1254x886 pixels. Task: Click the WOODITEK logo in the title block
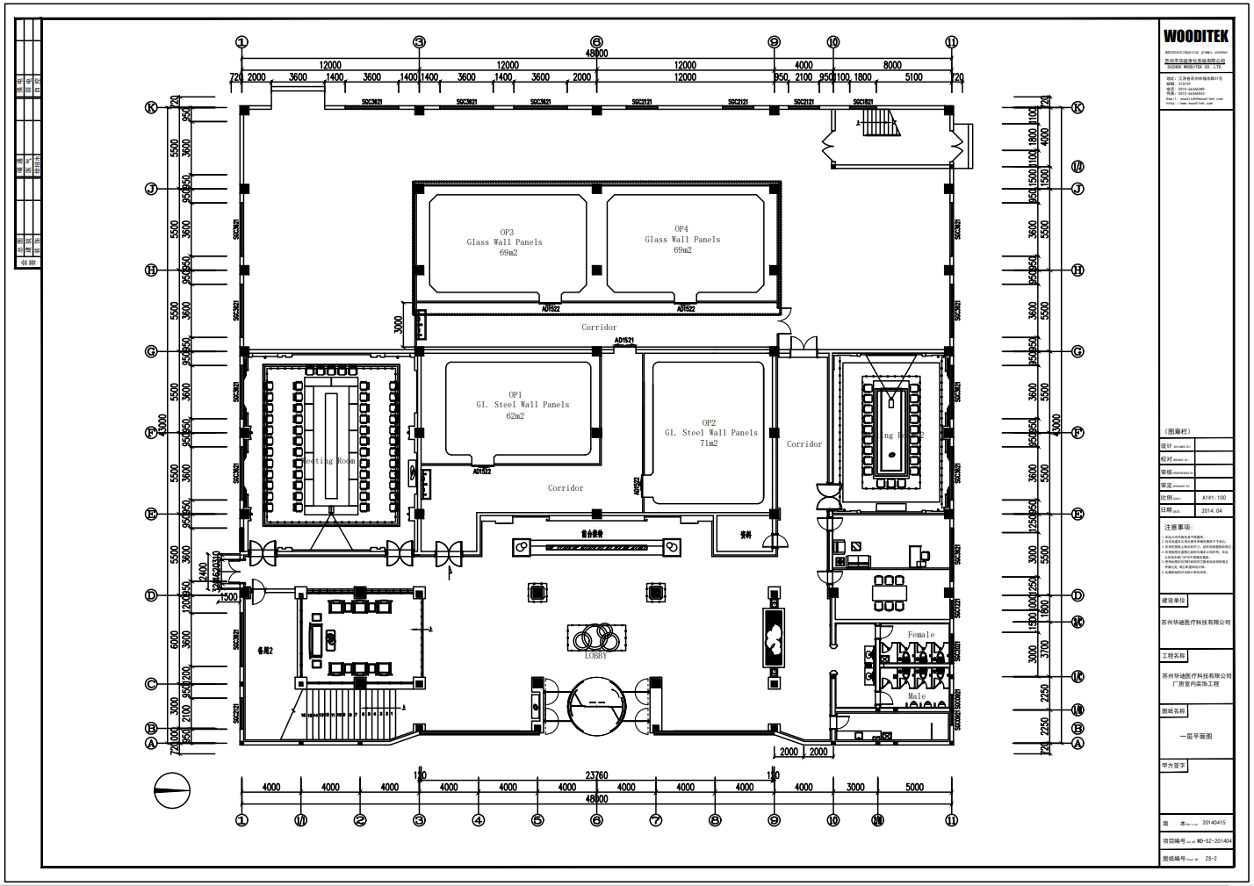coord(1195,36)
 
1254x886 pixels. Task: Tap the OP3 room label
coord(507,233)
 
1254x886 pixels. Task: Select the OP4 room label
coord(681,229)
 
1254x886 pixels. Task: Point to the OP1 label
coord(515,395)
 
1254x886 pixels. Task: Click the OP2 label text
coord(709,423)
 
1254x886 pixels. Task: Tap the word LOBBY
coord(595,656)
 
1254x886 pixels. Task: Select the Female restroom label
coord(920,635)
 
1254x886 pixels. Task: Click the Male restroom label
coord(916,696)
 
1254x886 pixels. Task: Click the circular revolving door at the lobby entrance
coord(596,705)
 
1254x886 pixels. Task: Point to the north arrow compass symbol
coord(172,790)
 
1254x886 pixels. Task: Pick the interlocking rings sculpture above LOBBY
coord(596,637)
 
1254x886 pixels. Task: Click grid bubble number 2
coord(360,820)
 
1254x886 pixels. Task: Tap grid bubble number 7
coord(656,820)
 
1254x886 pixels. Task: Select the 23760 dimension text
coord(596,775)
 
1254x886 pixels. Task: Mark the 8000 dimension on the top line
coord(892,65)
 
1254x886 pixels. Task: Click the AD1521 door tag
coord(624,341)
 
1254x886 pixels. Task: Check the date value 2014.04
coord(1212,510)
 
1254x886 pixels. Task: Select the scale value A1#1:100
coord(1214,498)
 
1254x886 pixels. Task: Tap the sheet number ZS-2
coord(1211,859)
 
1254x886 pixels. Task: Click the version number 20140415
coord(1214,823)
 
